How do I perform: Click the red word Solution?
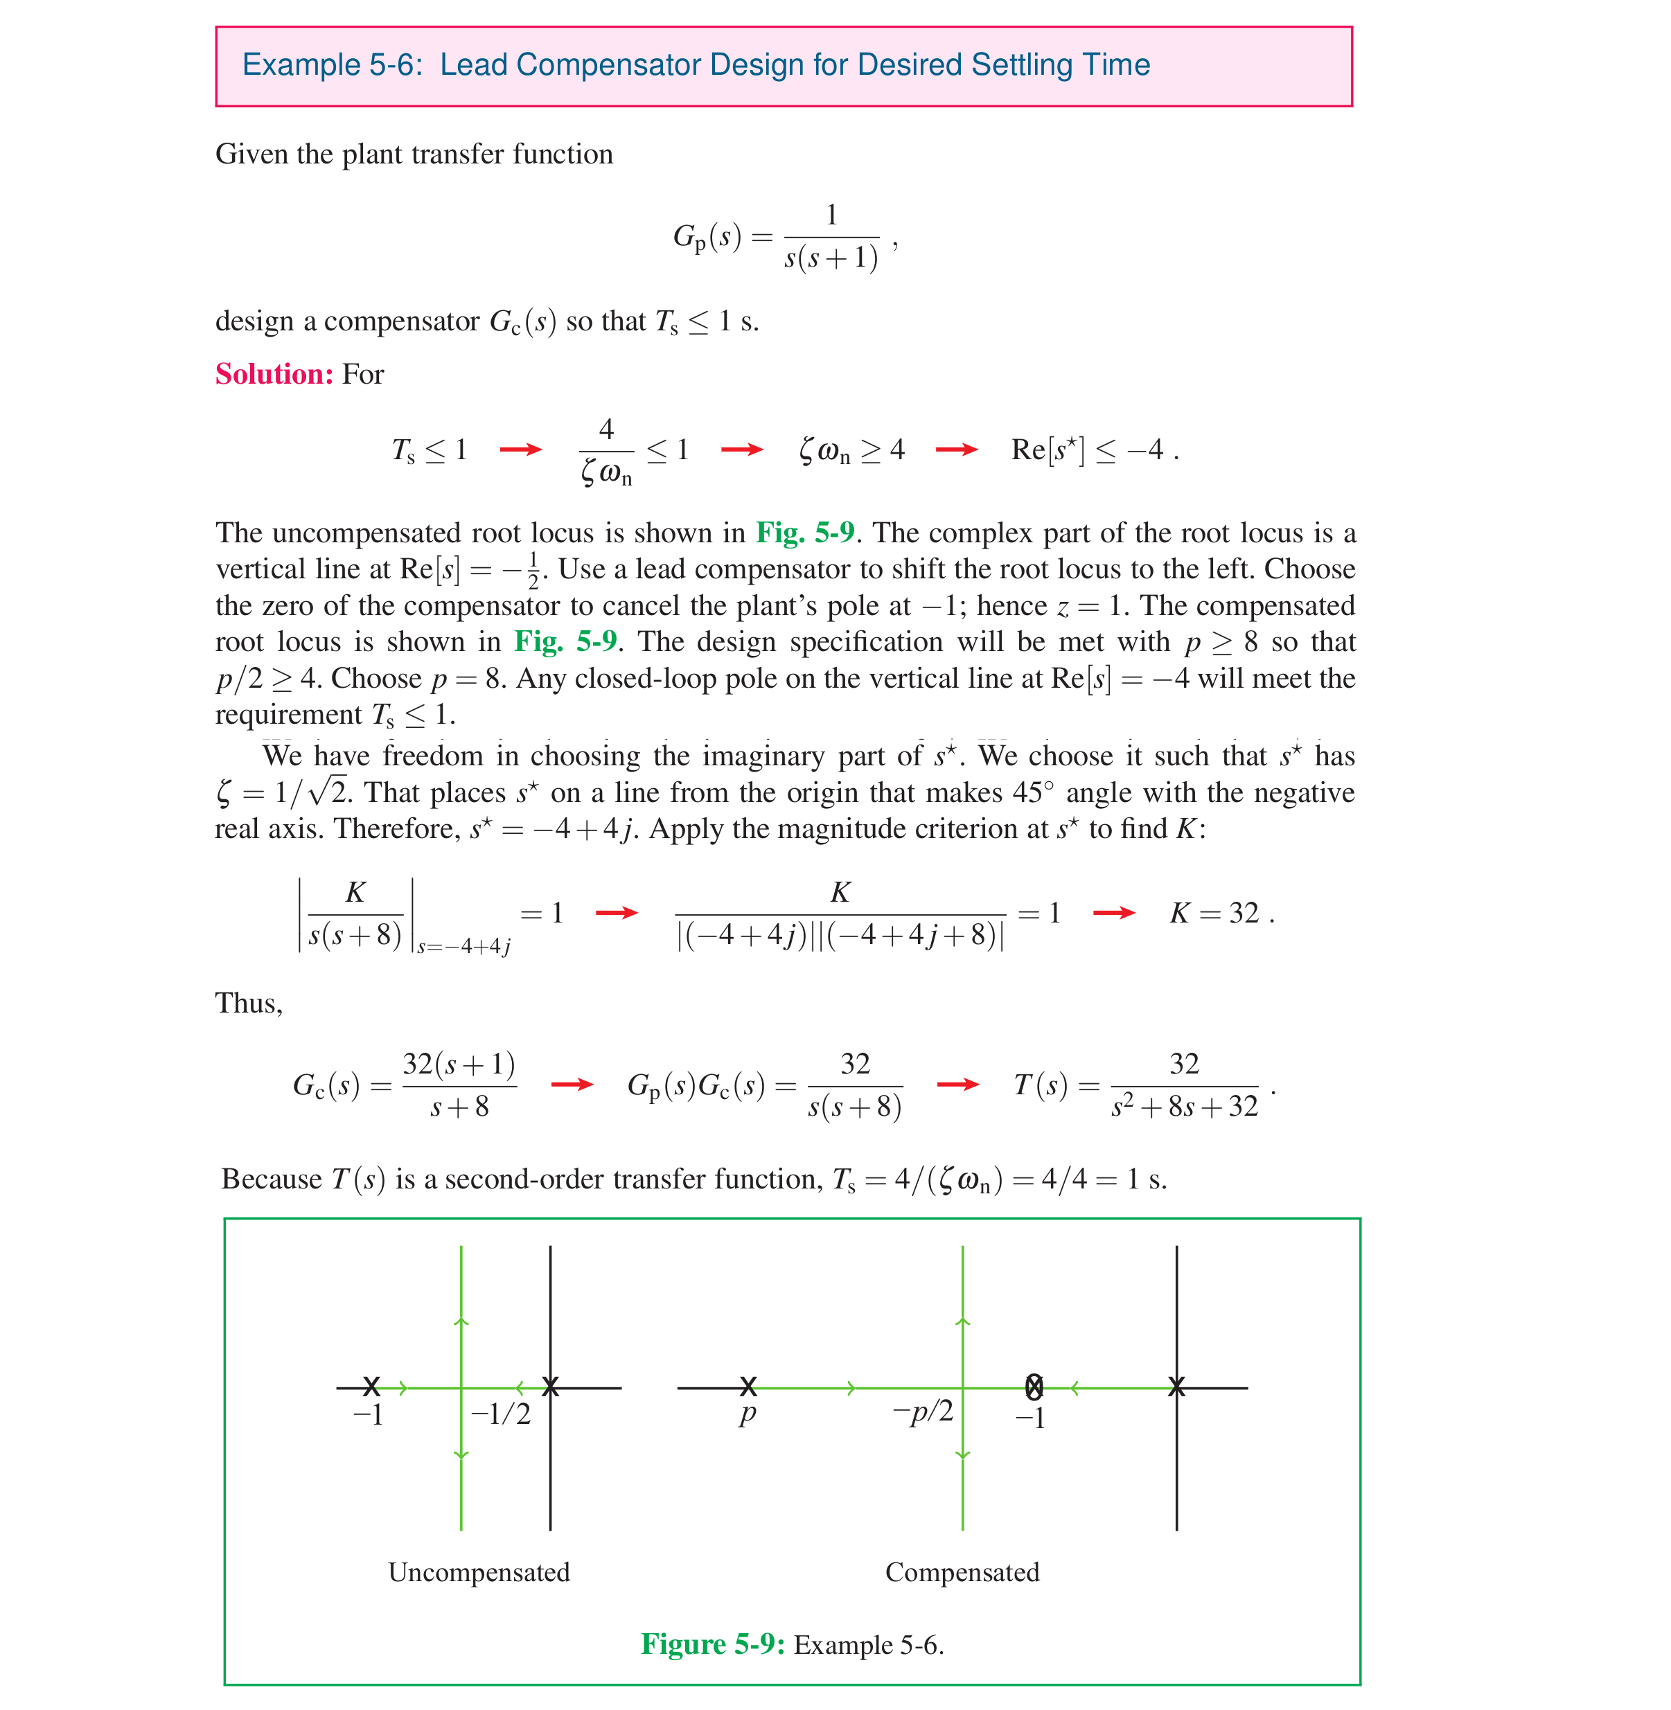(x=274, y=375)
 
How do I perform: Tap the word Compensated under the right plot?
(x=962, y=1571)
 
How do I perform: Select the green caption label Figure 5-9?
(x=711, y=1644)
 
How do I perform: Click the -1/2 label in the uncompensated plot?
(x=500, y=1414)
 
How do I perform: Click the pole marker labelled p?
(x=748, y=1387)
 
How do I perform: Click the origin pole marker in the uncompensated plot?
(x=550, y=1387)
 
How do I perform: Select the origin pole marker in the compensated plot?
(x=1177, y=1387)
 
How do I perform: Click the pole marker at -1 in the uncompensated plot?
(x=371, y=1387)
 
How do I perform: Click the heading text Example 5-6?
(x=333, y=65)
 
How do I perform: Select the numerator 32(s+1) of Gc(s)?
(x=458, y=1065)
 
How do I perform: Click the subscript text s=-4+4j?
(x=463, y=947)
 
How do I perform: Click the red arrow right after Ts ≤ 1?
(x=520, y=450)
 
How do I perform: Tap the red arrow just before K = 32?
(x=1114, y=914)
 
